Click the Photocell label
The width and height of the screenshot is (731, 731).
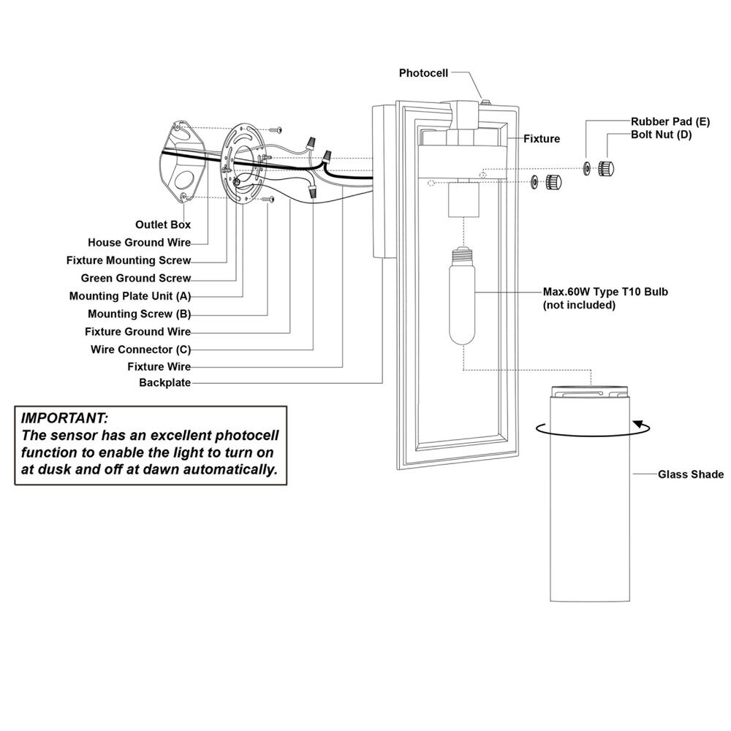(423, 73)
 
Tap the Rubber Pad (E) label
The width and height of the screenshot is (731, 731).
(670, 121)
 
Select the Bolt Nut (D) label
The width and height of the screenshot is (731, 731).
(662, 135)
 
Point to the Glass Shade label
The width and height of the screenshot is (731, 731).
(690, 474)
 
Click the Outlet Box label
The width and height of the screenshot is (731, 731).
(163, 224)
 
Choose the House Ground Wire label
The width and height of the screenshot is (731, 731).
(139, 243)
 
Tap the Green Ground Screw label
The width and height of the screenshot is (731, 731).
(136, 279)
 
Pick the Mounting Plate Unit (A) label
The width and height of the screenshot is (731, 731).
(130, 296)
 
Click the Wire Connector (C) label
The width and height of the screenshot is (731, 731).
(140, 349)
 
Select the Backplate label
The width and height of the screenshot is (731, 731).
(164, 383)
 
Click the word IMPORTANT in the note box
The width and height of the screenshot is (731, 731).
(65, 420)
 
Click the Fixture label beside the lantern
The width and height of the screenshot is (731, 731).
(541, 138)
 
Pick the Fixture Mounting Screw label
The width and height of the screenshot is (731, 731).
(129, 260)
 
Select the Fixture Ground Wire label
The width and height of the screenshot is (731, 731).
(138, 332)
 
